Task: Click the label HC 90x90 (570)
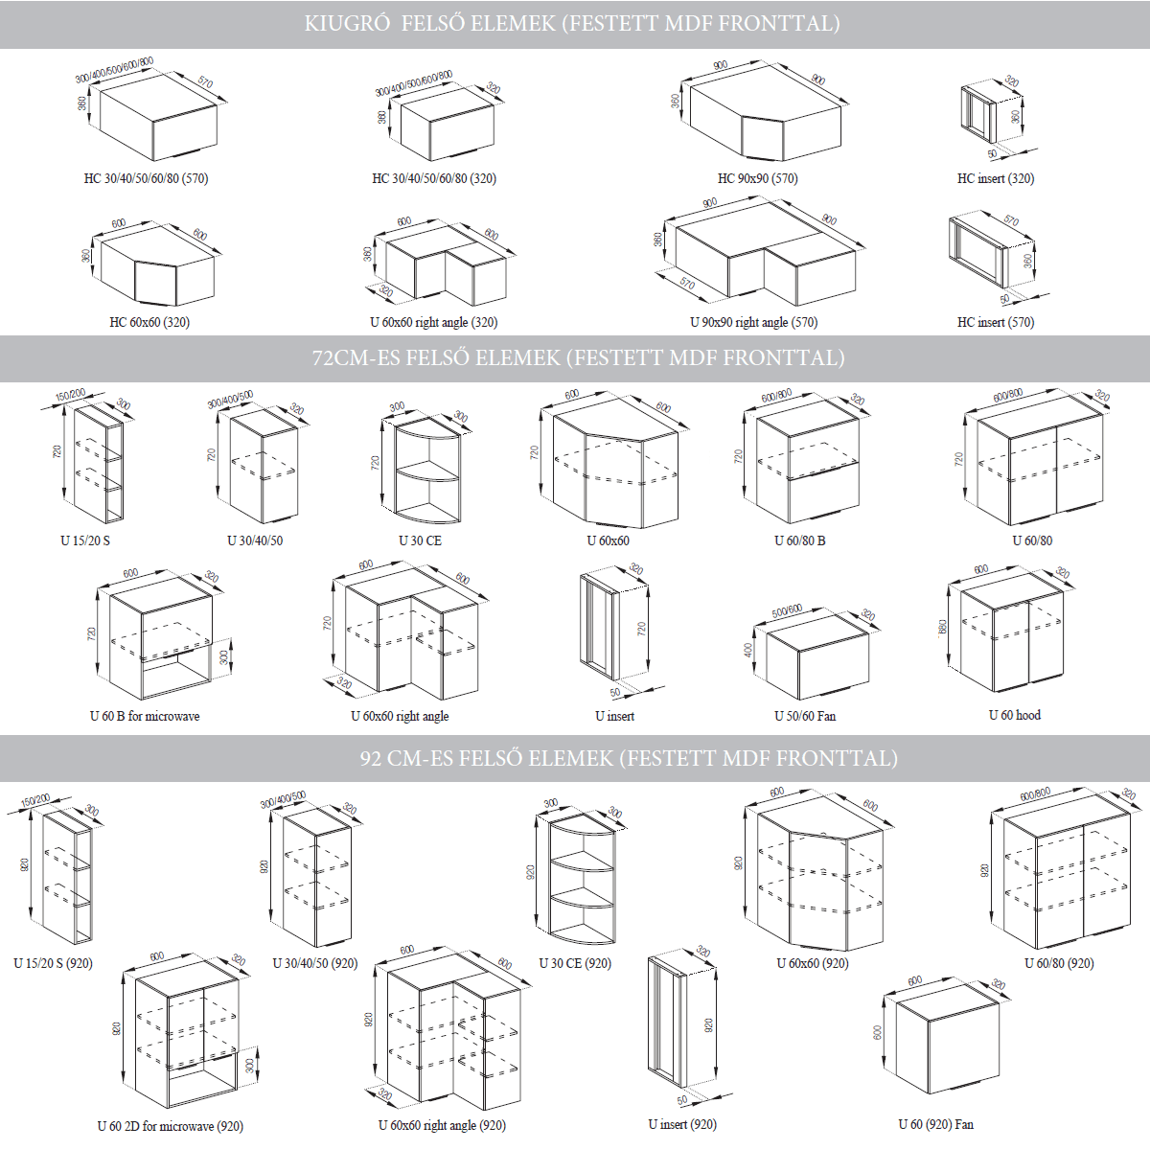tap(757, 178)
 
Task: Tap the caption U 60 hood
tap(1014, 715)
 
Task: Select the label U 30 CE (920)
tap(574, 963)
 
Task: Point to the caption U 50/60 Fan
tap(804, 716)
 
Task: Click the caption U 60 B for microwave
tap(145, 716)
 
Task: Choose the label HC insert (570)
tap(995, 322)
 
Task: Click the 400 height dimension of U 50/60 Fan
tap(748, 650)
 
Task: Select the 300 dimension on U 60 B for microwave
tap(224, 657)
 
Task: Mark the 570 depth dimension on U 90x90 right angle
tap(686, 284)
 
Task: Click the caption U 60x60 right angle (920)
tap(442, 1125)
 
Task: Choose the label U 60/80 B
tap(799, 540)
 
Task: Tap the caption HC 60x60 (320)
tap(149, 322)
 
